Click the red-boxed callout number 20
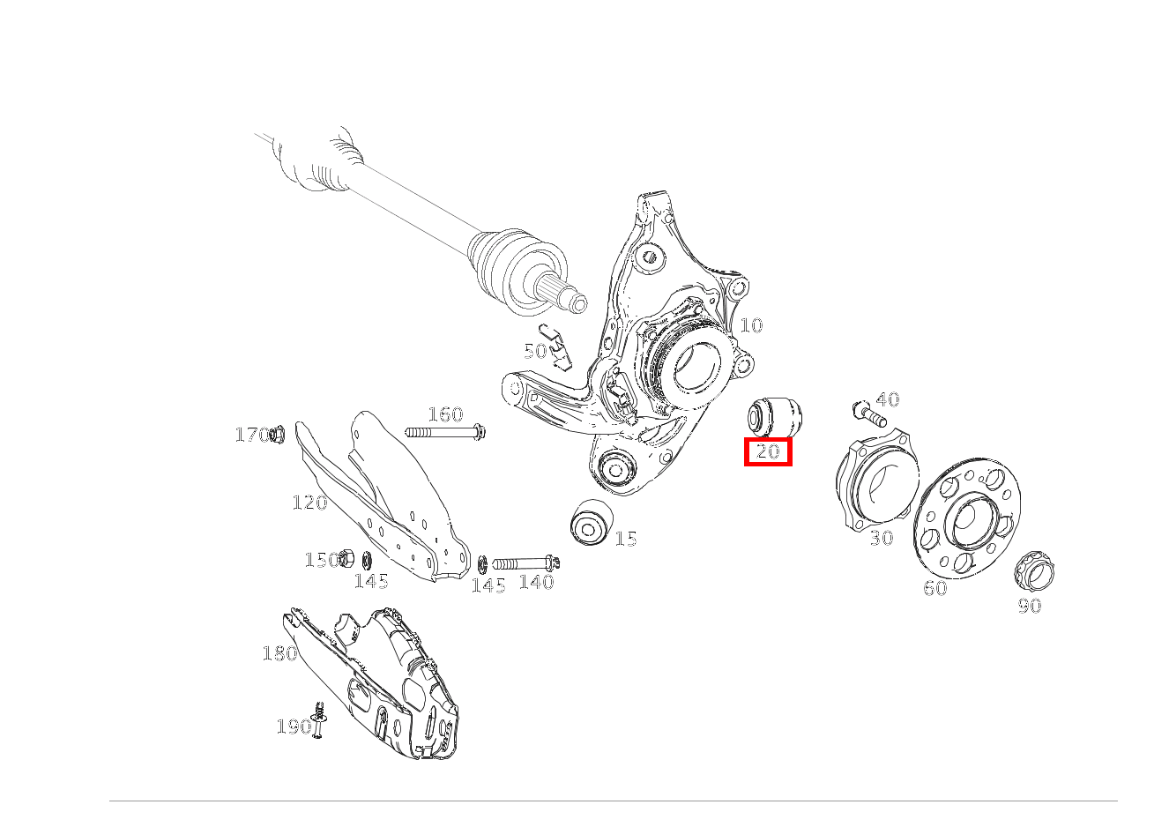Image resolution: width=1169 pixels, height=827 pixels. (x=768, y=451)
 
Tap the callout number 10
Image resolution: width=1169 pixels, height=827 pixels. (x=751, y=325)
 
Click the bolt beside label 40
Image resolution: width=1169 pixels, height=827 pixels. (x=870, y=414)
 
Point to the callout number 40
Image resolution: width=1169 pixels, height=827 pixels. (x=888, y=399)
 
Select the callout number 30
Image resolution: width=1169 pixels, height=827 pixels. (x=882, y=538)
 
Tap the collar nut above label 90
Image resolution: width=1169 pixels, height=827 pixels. (x=1034, y=570)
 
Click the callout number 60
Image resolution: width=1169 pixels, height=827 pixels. (x=935, y=589)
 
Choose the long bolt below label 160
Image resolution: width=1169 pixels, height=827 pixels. (x=446, y=432)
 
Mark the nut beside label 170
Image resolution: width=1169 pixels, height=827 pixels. (x=277, y=434)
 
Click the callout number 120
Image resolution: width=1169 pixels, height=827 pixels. (x=310, y=503)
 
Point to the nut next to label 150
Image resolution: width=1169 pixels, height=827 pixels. (x=346, y=558)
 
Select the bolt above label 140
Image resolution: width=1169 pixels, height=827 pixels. (x=526, y=563)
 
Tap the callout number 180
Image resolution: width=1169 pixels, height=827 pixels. (x=279, y=653)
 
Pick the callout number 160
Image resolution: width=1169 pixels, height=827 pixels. (x=446, y=414)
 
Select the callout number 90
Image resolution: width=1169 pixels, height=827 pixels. (x=1030, y=606)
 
